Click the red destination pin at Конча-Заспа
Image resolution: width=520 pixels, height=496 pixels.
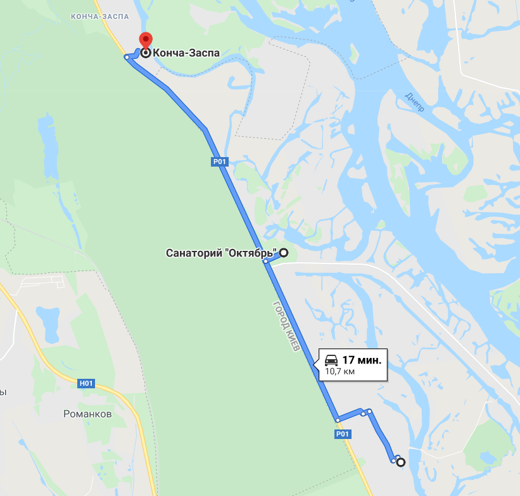(x=146, y=41)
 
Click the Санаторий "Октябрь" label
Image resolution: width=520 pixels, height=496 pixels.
(x=222, y=253)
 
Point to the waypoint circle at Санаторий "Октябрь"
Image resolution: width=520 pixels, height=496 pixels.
(x=284, y=253)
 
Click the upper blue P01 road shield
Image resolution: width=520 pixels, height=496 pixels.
(x=219, y=162)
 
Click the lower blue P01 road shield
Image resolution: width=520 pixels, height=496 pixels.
(x=342, y=434)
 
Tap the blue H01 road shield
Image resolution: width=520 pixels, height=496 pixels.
(x=86, y=383)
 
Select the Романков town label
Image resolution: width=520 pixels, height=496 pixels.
(x=87, y=414)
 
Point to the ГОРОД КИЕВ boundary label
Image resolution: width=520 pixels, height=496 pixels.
(x=286, y=327)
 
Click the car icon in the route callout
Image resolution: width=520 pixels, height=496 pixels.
(x=331, y=360)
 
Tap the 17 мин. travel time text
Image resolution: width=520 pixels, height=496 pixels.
(x=362, y=360)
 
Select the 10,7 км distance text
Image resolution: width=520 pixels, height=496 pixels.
(x=339, y=372)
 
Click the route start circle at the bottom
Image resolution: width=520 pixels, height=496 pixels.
(x=400, y=463)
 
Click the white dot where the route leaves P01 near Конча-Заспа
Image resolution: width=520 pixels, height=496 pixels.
(x=127, y=58)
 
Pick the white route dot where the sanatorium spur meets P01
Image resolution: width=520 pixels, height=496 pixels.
(x=267, y=261)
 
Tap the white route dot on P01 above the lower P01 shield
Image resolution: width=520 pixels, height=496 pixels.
(x=338, y=419)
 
